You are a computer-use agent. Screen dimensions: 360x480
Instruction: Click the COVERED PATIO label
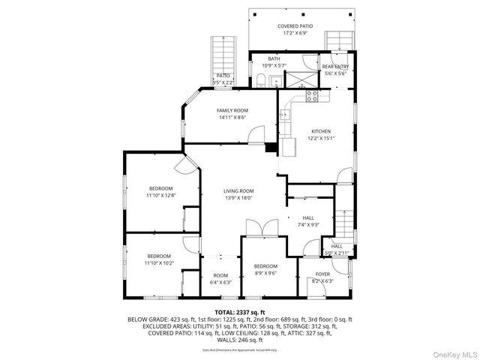tap(295, 26)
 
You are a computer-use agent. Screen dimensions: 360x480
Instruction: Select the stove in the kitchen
tap(312, 95)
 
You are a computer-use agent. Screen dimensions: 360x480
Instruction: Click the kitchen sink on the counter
tap(286, 115)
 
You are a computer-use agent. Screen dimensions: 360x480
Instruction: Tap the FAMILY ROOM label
tap(232, 110)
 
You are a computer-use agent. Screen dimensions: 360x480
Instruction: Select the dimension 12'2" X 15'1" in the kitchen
tap(321, 138)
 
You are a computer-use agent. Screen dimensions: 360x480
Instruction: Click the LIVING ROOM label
tap(238, 190)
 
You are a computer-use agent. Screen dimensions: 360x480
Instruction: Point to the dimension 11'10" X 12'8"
tap(160, 195)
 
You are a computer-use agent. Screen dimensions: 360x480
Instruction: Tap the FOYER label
tap(322, 274)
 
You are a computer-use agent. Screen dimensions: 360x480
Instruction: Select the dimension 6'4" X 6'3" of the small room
tap(220, 283)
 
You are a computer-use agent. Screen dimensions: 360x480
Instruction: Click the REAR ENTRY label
tap(335, 66)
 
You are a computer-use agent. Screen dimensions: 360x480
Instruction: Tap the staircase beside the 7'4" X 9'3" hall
tap(344, 218)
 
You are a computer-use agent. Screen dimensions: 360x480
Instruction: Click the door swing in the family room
tap(256, 135)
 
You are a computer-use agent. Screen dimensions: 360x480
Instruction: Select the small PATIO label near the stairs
tap(223, 75)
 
